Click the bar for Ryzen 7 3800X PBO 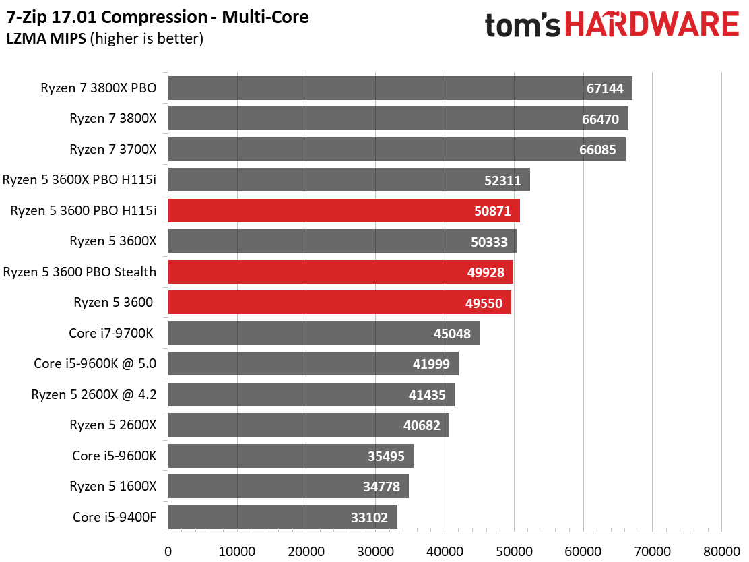pos(400,88)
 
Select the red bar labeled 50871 pos(344,211)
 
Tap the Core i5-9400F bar pos(283,517)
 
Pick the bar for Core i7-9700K pos(324,333)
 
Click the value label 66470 pos(600,119)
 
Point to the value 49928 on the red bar pos(486,272)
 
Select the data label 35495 pos(386,456)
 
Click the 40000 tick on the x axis pos(445,551)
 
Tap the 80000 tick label pos(722,551)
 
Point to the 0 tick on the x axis pos(168,551)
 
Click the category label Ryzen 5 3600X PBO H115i pos(79,180)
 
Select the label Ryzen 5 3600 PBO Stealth pos(79,272)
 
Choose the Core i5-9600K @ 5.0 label pos(95,364)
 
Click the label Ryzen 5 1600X pos(113,486)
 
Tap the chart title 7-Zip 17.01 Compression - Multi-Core pos(158,18)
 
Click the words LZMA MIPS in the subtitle pos(46,38)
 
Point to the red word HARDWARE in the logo pos(653,24)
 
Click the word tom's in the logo pos(523,26)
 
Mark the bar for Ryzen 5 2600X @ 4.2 pos(311,394)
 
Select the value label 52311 pos(502,180)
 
